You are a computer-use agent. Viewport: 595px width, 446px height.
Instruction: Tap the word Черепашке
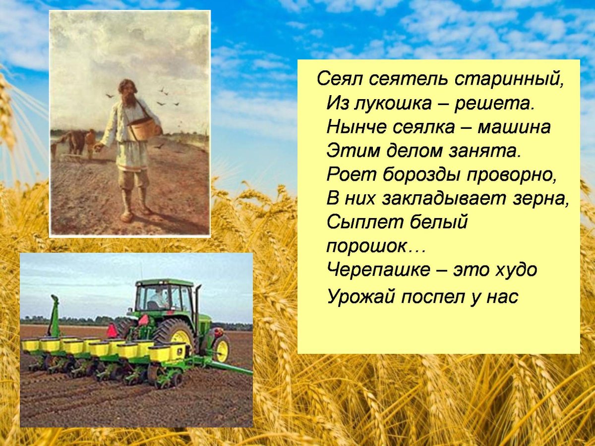point(378,270)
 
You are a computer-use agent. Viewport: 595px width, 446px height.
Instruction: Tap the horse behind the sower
point(74,141)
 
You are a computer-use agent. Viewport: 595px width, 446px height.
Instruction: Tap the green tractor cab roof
point(164,282)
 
